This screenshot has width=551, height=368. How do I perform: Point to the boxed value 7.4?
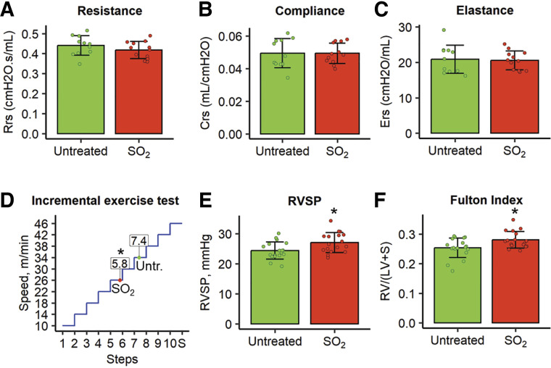[x=138, y=240]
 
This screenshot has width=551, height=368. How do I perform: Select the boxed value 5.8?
[x=120, y=262]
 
